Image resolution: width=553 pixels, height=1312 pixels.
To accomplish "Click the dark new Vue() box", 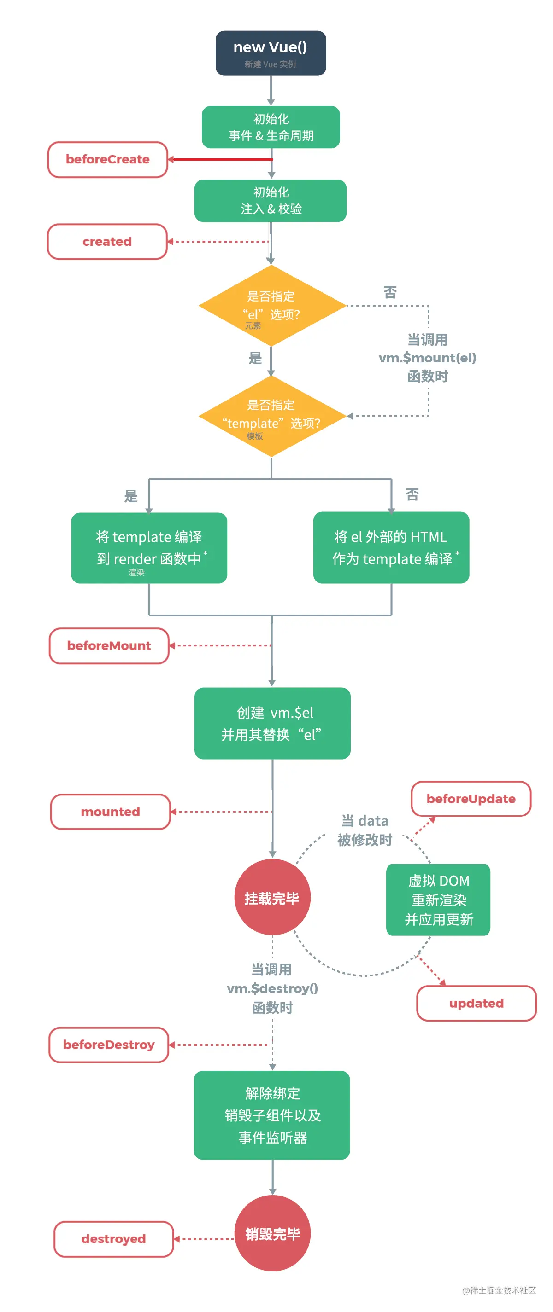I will (271, 53).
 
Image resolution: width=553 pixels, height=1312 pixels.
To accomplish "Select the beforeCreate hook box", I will (107, 159).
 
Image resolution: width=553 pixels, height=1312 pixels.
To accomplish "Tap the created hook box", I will (107, 241).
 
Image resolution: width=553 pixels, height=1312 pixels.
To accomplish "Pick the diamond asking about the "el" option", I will (271, 306).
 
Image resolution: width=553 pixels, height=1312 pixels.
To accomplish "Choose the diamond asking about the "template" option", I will (271, 416).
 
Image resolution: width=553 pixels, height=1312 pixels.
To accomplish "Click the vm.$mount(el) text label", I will (427, 358).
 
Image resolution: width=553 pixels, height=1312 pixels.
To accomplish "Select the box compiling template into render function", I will (149, 548).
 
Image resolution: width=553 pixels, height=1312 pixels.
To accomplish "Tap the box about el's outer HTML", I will (391, 548).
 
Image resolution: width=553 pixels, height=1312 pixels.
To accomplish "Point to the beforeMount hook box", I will (109, 646).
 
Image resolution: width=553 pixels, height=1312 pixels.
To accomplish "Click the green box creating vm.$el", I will (272, 723).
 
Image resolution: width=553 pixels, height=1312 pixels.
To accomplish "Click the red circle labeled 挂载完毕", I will (272, 897).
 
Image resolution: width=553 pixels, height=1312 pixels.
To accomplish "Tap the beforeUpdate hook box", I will (471, 799).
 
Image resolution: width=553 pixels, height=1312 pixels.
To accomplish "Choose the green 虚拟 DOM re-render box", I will (438, 900).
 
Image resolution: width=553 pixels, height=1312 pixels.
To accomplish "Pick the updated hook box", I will (476, 1004).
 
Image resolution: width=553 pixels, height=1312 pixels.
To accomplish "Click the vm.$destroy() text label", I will (272, 988).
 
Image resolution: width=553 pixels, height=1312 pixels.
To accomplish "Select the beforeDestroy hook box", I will (109, 1045).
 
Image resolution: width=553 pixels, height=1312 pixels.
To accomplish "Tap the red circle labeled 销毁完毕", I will (272, 1234).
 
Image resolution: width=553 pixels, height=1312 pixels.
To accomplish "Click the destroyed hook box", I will (113, 1239).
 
